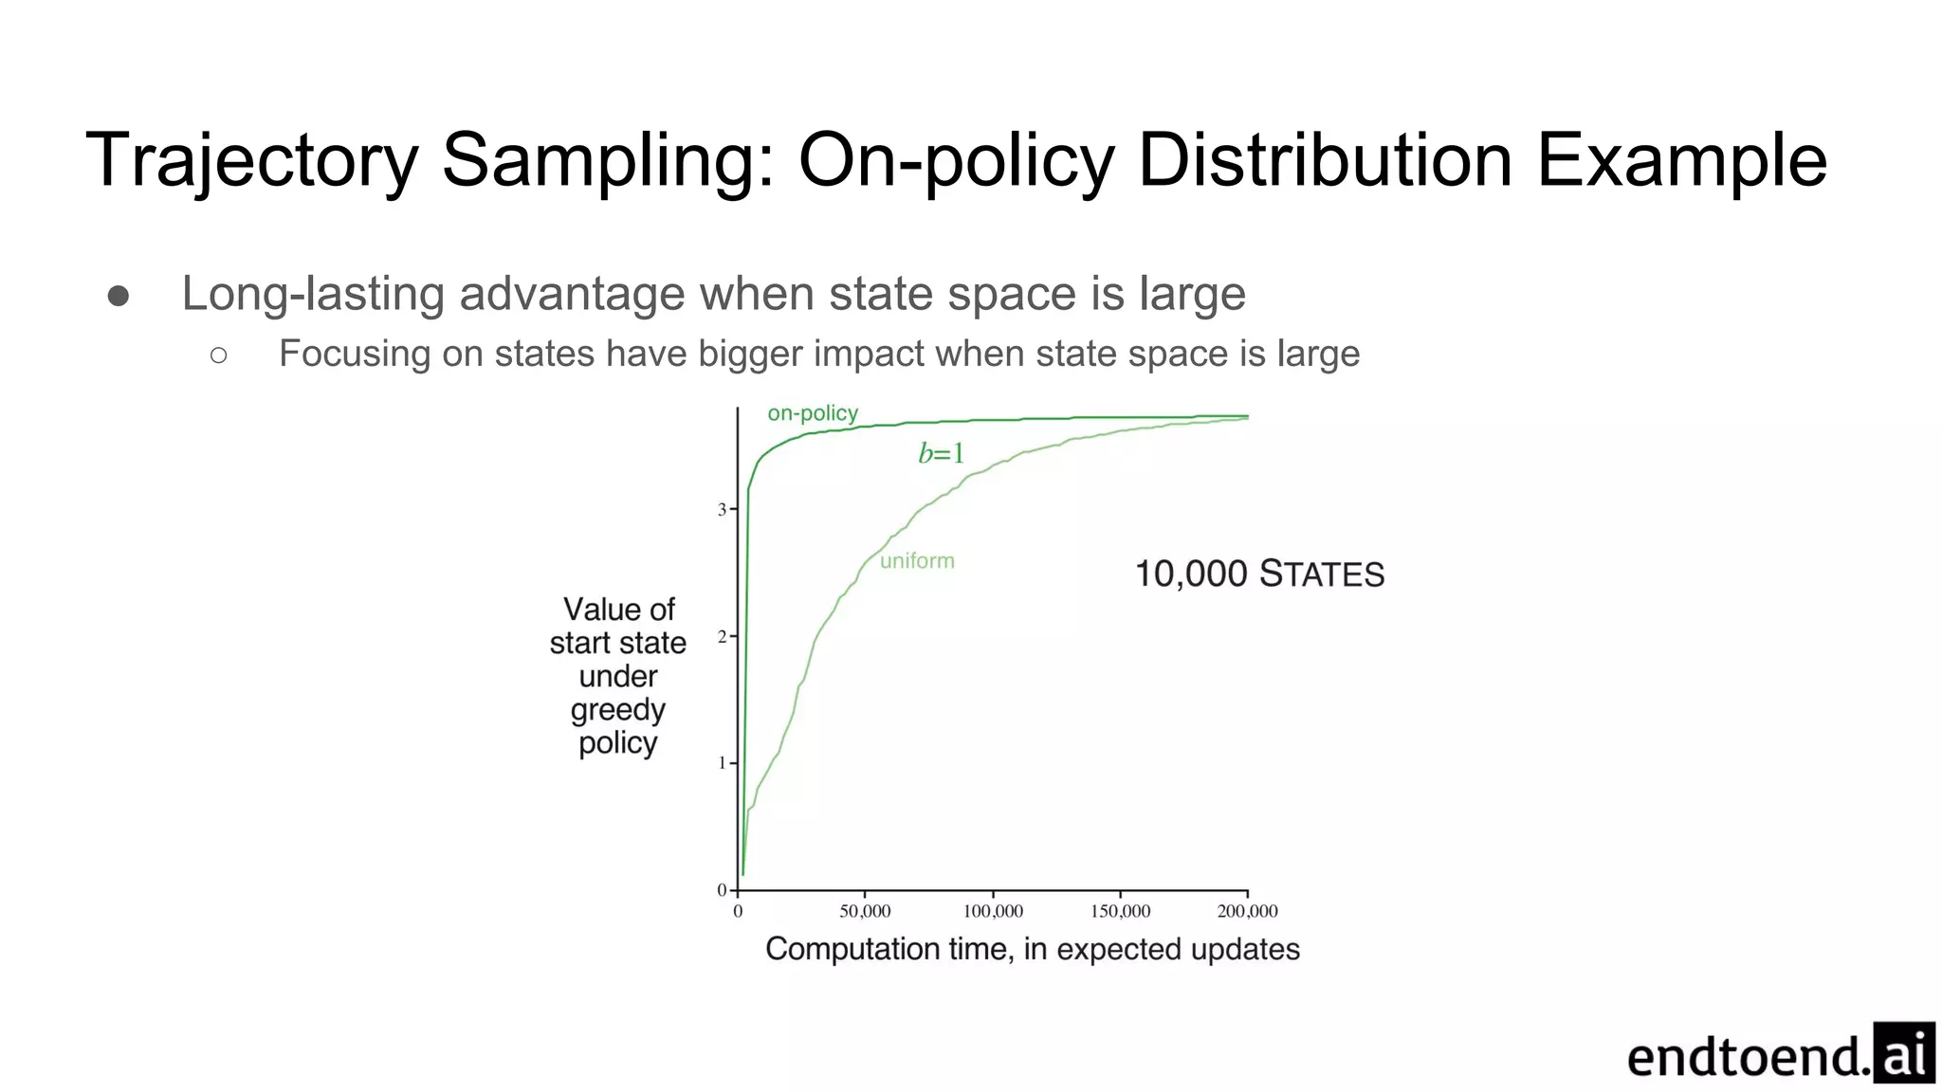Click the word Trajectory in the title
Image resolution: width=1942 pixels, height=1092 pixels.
point(251,161)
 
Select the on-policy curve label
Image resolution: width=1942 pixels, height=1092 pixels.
point(813,413)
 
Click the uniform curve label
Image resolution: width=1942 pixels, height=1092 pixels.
point(917,560)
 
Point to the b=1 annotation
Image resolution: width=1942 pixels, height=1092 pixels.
point(941,453)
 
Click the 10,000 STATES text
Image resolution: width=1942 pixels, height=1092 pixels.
point(1259,574)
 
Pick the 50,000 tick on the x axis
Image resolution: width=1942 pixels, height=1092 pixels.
point(865,911)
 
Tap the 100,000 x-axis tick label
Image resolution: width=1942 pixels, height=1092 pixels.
point(993,911)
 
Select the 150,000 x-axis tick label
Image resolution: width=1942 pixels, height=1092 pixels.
point(1120,911)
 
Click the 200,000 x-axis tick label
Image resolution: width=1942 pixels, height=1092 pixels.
point(1247,911)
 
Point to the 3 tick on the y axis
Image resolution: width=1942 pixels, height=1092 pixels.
point(723,510)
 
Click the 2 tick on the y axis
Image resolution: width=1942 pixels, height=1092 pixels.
point(723,637)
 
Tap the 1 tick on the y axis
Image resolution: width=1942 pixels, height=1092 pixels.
point(723,763)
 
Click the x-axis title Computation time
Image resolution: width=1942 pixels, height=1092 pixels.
point(1032,949)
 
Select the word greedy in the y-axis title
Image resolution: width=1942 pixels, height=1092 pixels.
point(617,710)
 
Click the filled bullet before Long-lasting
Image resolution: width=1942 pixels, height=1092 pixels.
point(119,297)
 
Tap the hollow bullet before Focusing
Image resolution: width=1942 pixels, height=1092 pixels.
point(219,355)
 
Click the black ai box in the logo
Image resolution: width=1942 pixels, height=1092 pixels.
point(1903,1052)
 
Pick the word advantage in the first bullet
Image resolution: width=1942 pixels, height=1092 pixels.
point(576,294)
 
